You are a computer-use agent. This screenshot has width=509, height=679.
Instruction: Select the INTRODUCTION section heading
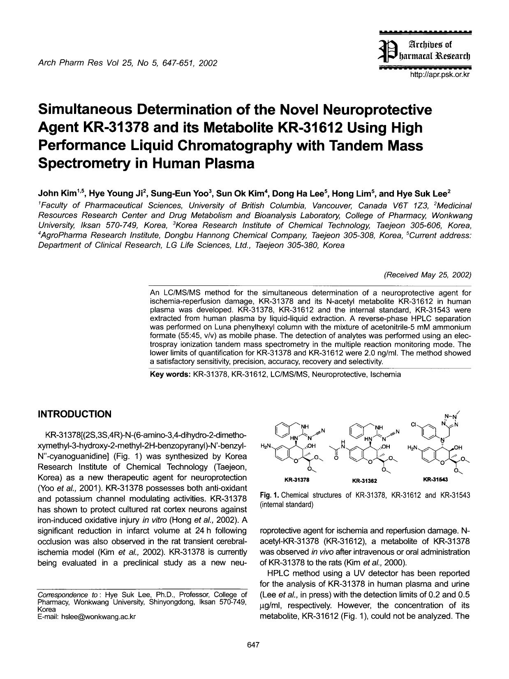(74, 414)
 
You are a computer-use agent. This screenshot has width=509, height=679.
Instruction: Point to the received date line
(427, 275)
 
